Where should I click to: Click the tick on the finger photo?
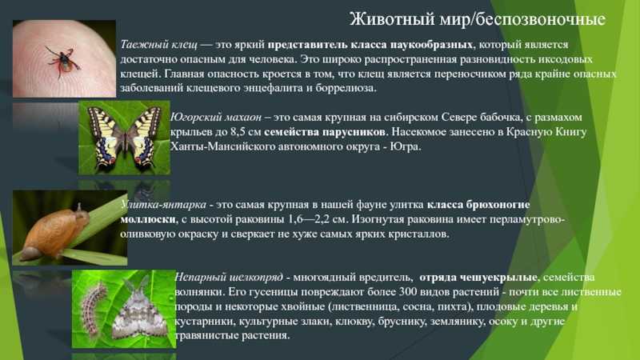point(62,62)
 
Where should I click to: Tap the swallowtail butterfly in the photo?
point(124,138)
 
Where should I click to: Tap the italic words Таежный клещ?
point(158,44)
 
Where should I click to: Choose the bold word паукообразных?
point(431,44)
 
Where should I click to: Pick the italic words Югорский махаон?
point(216,117)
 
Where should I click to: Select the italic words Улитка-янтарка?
point(163,204)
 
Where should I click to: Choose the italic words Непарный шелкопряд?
point(229,277)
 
